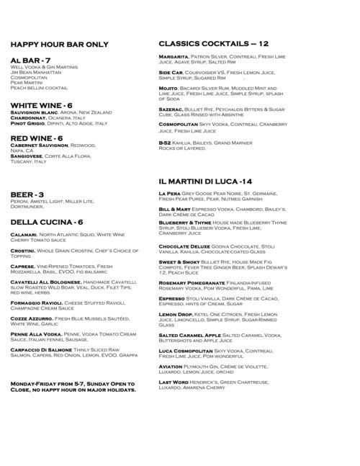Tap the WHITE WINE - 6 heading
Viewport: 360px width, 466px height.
pyautogui.click(x=41, y=105)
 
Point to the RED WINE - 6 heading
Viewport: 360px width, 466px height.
pyautogui.click(x=37, y=138)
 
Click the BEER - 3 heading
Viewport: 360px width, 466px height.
pyautogui.click(x=28, y=194)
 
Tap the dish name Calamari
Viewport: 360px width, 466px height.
pyautogui.click(x=24, y=235)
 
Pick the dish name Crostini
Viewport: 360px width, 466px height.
pyautogui.click(x=24, y=249)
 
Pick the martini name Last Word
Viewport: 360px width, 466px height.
pyautogui.click(x=174, y=382)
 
